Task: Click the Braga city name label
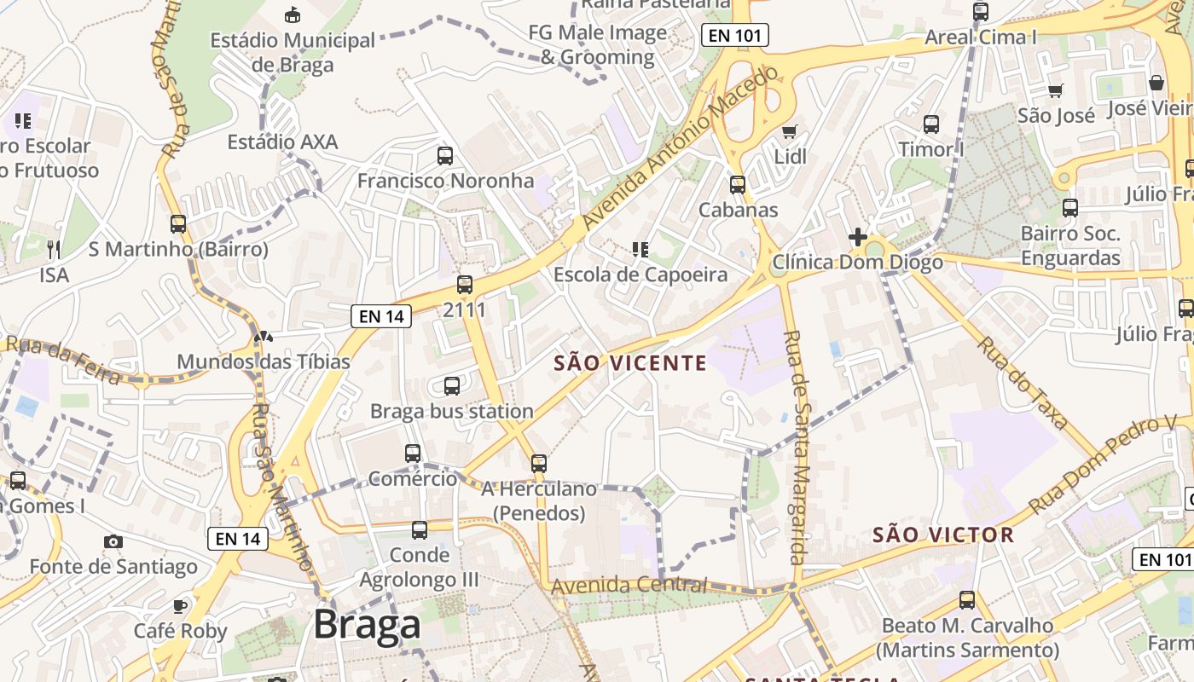[367, 625]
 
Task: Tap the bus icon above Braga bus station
[452, 386]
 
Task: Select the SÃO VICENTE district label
[630, 363]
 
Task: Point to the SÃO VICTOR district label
[943, 535]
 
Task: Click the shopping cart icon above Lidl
[790, 131]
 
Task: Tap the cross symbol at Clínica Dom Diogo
[858, 237]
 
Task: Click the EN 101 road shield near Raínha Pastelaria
[735, 35]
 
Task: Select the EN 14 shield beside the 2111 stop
[381, 316]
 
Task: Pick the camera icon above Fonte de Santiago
[113, 541]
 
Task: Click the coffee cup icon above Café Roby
[180, 606]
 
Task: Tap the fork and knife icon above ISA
[54, 249]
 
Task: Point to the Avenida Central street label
[629, 586]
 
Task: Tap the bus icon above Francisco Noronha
[445, 156]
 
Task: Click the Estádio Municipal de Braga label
[293, 52]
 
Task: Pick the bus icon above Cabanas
[738, 185]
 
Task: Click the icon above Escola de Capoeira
[640, 250]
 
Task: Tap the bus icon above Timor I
[931, 124]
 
